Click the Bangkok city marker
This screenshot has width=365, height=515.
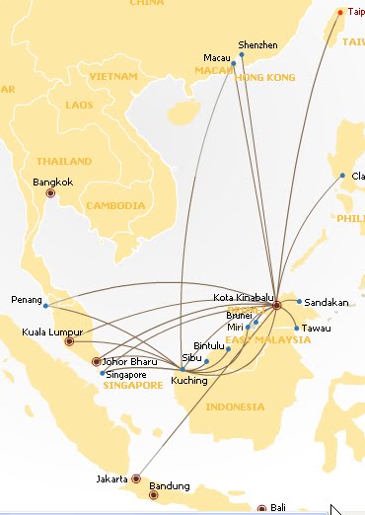[x=52, y=194]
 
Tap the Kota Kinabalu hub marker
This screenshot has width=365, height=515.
[x=277, y=306]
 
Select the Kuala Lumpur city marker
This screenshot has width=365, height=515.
[x=69, y=342]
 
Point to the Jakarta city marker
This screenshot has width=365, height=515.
[x=136, y=479]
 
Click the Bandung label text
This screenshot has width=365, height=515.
[x=169, y=486]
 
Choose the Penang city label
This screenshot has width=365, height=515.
[x=26, y=299]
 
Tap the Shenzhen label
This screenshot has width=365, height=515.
[x=258, y=45]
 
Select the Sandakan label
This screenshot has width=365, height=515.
[x=327, y=302]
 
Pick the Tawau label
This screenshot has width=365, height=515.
[x=317, y=328]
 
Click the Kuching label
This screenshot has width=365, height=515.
[x=188, y=380]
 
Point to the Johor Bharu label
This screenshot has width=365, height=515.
[x=130, y=361]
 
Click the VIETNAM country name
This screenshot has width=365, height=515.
[x=112, y=76]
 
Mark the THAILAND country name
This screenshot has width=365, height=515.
[x=63, y=160]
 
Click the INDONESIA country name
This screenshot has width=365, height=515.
[x=234, y=406]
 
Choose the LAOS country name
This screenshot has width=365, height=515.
[x=79, y=104]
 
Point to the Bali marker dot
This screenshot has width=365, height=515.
[x=262, y=509]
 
